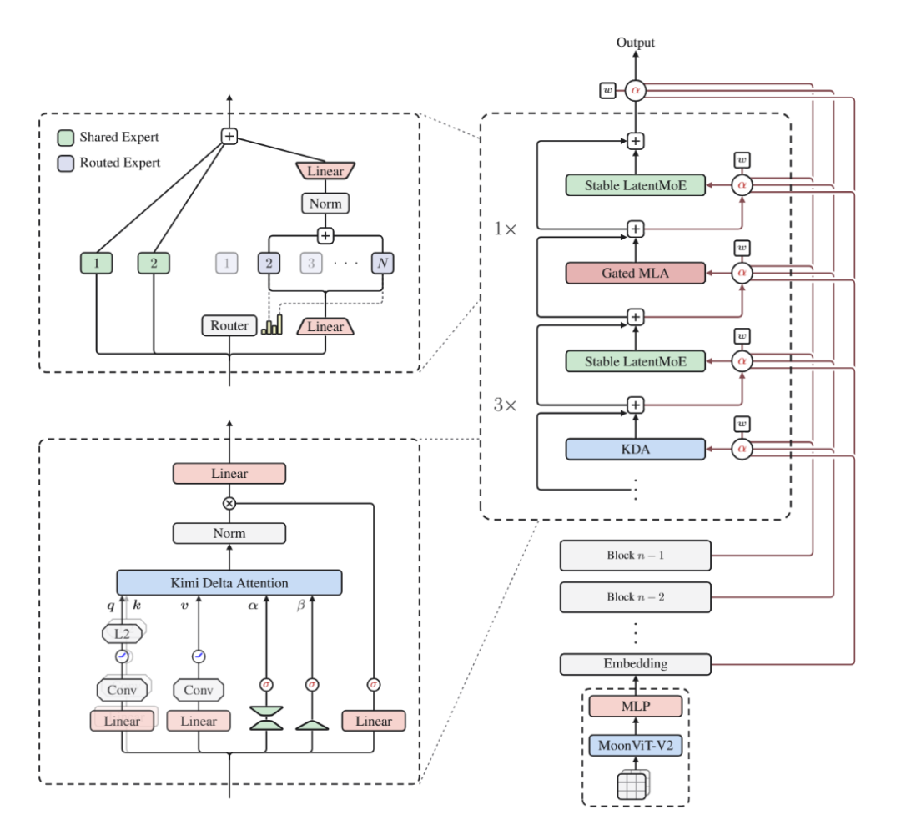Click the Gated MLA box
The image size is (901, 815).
click(635, 273)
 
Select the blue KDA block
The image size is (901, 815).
click(635, 449)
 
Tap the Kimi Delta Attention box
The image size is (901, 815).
click(229, 583)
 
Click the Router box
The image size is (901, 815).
click(229, 325)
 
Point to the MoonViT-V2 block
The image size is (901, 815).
click(636, 746)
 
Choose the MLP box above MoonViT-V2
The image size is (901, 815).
click(636, 706)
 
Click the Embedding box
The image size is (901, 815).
click(636, 664)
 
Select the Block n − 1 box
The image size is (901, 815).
click(636, 556)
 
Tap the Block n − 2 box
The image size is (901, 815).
click(636, 597)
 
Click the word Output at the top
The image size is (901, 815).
click(636, 42)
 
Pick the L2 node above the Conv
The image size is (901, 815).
click(122, 633)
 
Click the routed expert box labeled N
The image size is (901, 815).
click(383, 264)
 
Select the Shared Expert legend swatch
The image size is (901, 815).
click(66, 138)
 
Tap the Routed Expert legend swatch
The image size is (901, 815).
click(66, 164)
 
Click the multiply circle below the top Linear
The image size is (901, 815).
click(229, 504)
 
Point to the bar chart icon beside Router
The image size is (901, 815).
click(272, 324)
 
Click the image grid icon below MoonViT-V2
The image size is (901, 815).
click(632, 785)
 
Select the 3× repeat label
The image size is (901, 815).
click(505, 405)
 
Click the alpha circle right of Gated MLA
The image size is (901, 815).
click(742, 273)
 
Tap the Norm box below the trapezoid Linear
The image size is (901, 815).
click(325, 203)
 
